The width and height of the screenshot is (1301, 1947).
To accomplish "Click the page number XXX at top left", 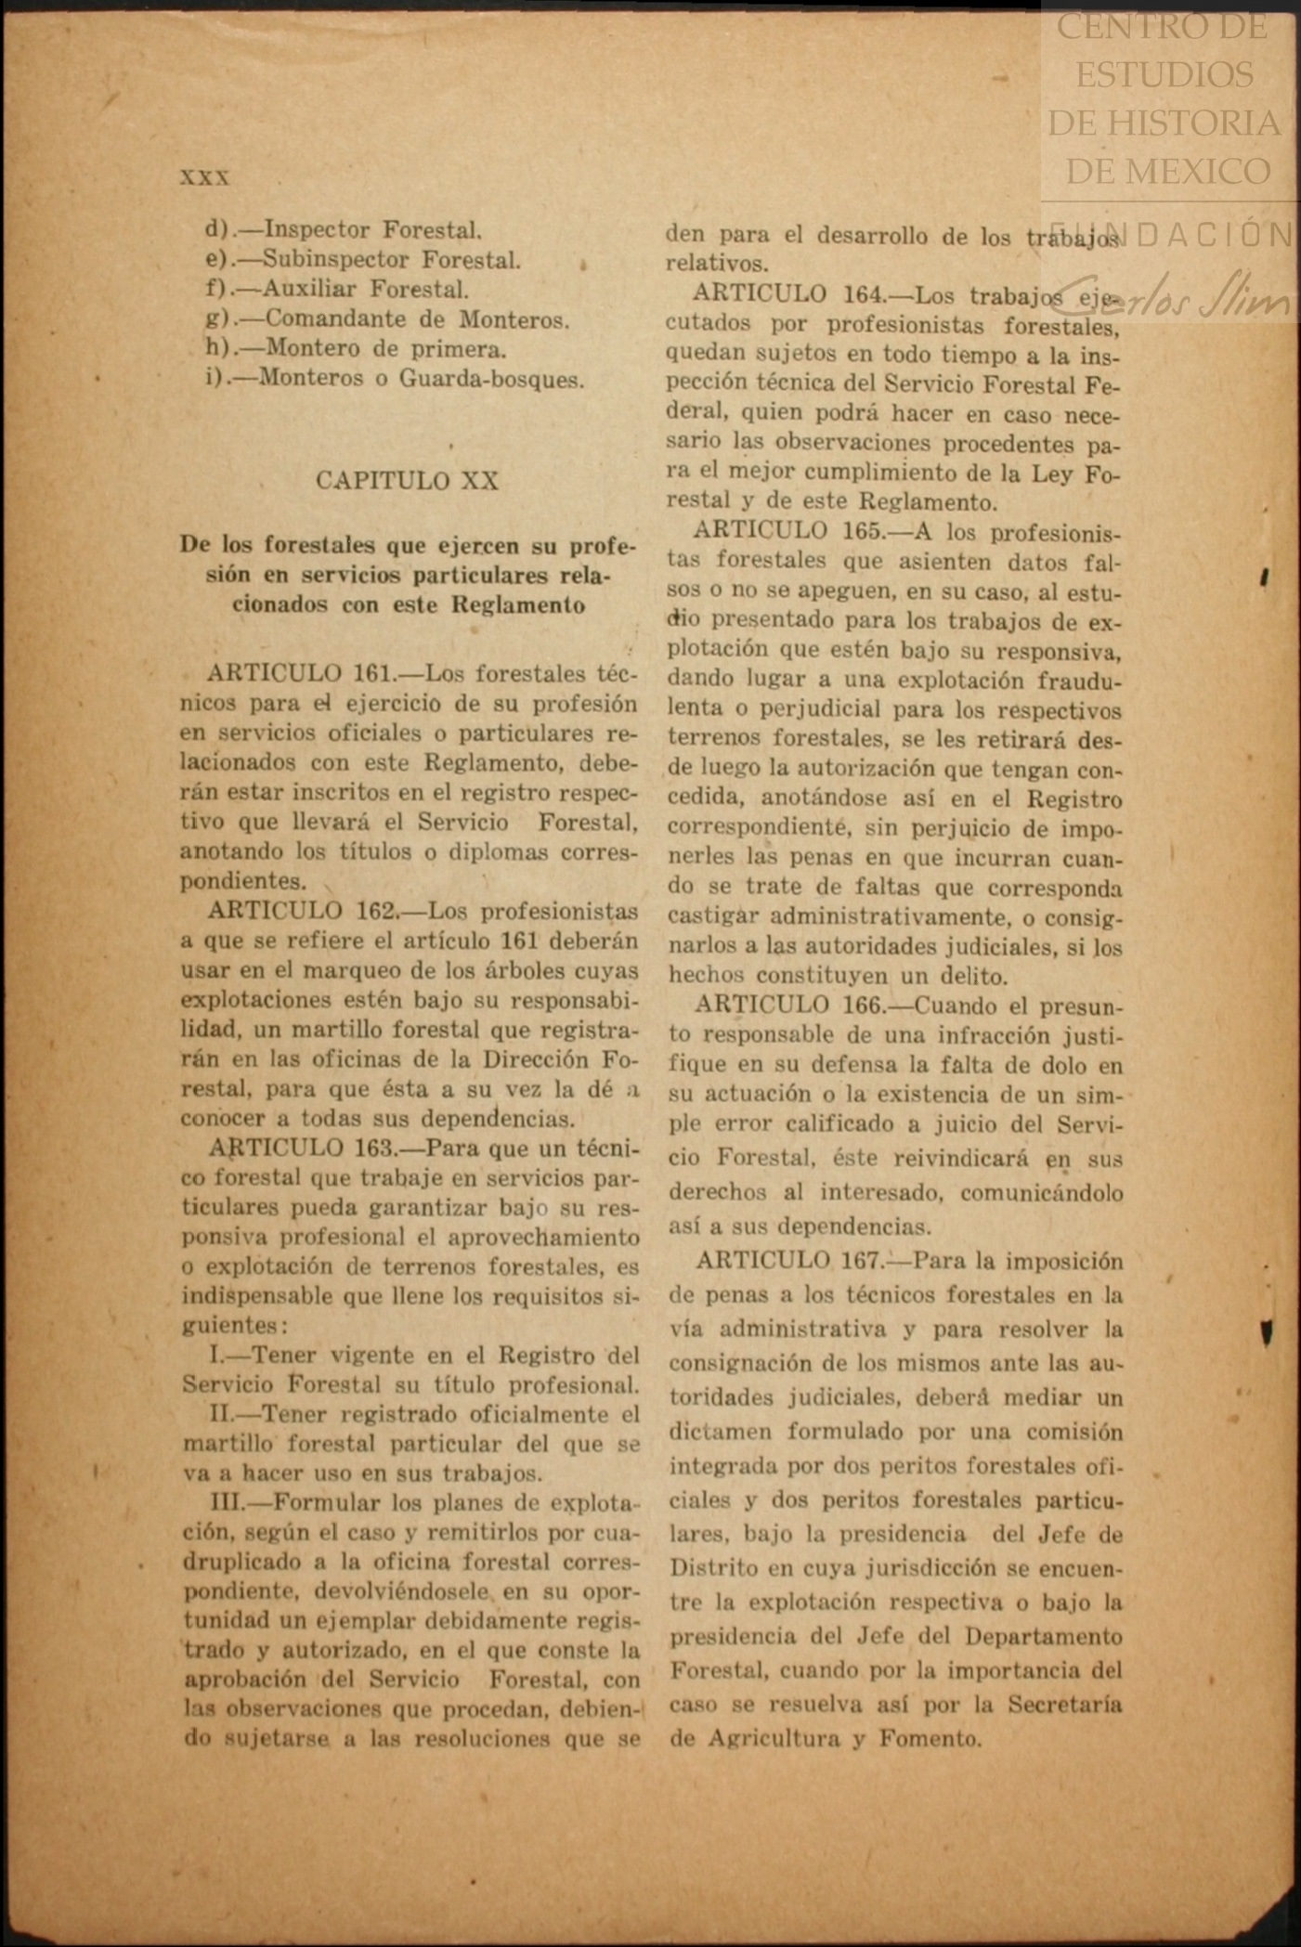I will pos(204,177).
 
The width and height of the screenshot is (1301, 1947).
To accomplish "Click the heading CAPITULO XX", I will pos(407,480).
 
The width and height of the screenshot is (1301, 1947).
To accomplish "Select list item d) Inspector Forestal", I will pos(344,229).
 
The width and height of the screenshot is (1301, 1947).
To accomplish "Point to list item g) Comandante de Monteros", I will pos(387,319).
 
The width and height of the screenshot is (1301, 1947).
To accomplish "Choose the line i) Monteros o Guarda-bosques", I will pos(395,379).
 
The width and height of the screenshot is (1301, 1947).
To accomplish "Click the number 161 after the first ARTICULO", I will pos(374,673).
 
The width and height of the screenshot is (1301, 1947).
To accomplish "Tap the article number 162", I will pos(375,911).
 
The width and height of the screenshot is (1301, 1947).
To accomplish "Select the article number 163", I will pos(375,1148).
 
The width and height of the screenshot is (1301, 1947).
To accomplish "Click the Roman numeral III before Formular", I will pos(228,1503).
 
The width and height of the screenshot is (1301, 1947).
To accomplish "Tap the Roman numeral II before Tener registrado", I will pos(223,1414).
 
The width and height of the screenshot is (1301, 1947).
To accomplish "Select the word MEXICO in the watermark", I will pos(1167,172).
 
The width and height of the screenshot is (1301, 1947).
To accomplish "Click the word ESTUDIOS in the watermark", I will pos(1164,75).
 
